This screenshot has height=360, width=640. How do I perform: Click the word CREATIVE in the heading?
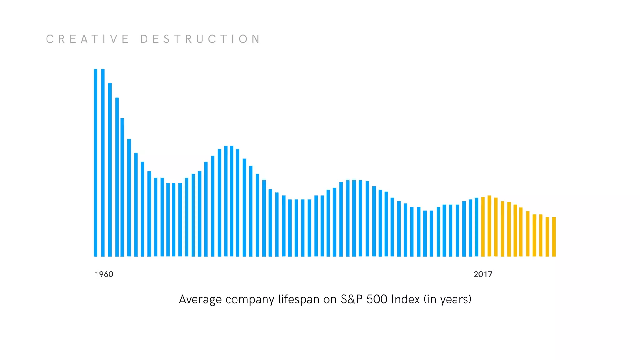(87, 39)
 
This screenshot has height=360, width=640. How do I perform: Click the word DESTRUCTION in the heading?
(200, 39)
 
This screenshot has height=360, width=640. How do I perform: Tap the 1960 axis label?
(104, 274)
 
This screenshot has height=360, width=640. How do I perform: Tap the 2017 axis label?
(483, 274)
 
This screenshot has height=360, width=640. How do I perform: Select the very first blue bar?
(96, 162)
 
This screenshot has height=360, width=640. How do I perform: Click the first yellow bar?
(483, 227)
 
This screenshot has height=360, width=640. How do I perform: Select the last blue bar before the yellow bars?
(477, 227)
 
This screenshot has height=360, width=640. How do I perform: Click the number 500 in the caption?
(377, 299)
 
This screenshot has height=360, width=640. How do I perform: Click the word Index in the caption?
(406, 299)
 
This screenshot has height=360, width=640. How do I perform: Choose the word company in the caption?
(250, 299)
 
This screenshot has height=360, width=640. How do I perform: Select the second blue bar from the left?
(103, 162)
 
